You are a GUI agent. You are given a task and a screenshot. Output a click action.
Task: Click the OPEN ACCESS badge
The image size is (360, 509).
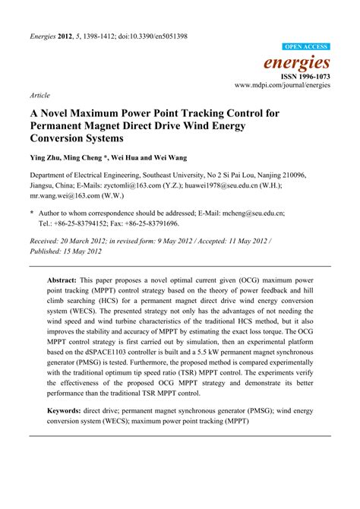click(x=306, y=47)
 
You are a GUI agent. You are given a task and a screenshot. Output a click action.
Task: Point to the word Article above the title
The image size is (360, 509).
click(x=39, y=96)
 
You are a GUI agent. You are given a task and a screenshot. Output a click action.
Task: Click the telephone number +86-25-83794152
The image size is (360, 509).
click(x=81, y=224)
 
